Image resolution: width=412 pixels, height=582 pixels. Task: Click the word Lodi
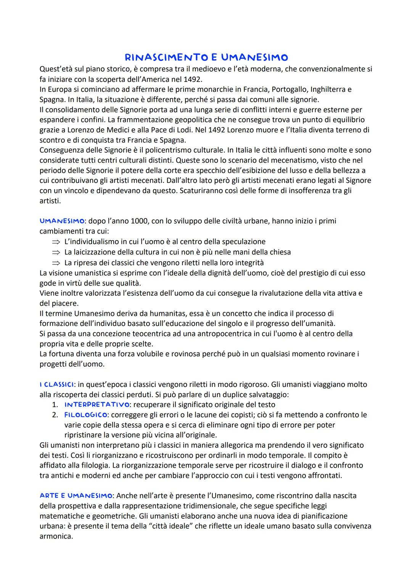182,130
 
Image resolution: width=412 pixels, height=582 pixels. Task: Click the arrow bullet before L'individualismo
56,242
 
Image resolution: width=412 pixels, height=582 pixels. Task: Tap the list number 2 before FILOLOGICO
55,415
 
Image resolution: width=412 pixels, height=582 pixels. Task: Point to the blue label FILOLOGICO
86,415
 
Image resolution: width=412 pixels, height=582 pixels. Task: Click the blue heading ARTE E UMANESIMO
76,496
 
